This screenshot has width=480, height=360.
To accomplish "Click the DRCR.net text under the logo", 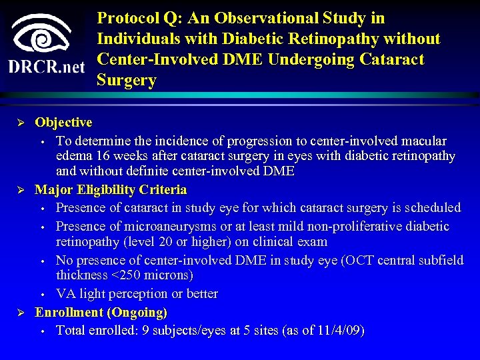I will click(x=47, y=67).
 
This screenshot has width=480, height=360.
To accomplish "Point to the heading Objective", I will click(x=63, y=122).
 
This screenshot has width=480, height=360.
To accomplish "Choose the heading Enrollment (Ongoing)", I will click(x=101, y=312).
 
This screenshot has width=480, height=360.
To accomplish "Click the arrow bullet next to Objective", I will click(x=21, y=123).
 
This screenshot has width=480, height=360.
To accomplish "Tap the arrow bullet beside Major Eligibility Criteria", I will click(x=21, y=191).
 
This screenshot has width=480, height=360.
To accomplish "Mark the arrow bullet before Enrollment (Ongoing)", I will click(x=21, y=313).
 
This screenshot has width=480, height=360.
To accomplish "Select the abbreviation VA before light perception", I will click(x=65, y=294).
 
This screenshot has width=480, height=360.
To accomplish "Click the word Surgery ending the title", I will click(x=127, y=81).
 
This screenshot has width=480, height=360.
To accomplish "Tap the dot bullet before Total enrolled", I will click(x=41, y=331).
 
